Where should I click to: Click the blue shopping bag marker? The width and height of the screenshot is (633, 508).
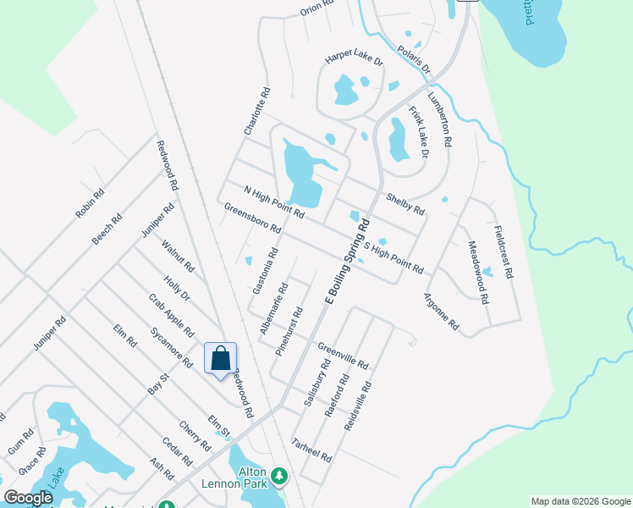pyautogui.click(x=220, y=358)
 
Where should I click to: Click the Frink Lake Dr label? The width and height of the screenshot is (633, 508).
pyautogui.click(x=419, y=132)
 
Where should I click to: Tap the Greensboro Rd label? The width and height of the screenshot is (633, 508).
pyautogui.click(x=252, y=218)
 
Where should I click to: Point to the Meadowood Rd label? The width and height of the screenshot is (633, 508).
pyautogui.click(x=478, y=272)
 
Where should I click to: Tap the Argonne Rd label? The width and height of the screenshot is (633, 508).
pyautogui.click(x=441, y=312)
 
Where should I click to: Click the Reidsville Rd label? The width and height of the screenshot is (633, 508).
pyautogui.click(x=358, y=406)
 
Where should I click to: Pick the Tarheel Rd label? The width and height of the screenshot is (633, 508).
pyautogui.click(x=311, y=449)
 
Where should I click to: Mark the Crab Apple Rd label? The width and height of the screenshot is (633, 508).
pyautogui.click(x=171, y=315)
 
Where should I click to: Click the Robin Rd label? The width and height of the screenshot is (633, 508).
pyautogui.click(x=90, y=204)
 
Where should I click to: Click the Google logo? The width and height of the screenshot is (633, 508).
pyautogui.click(x=28, y=499)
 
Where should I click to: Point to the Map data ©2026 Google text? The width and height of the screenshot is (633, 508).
pyautogui.click(x=581, y=501)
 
